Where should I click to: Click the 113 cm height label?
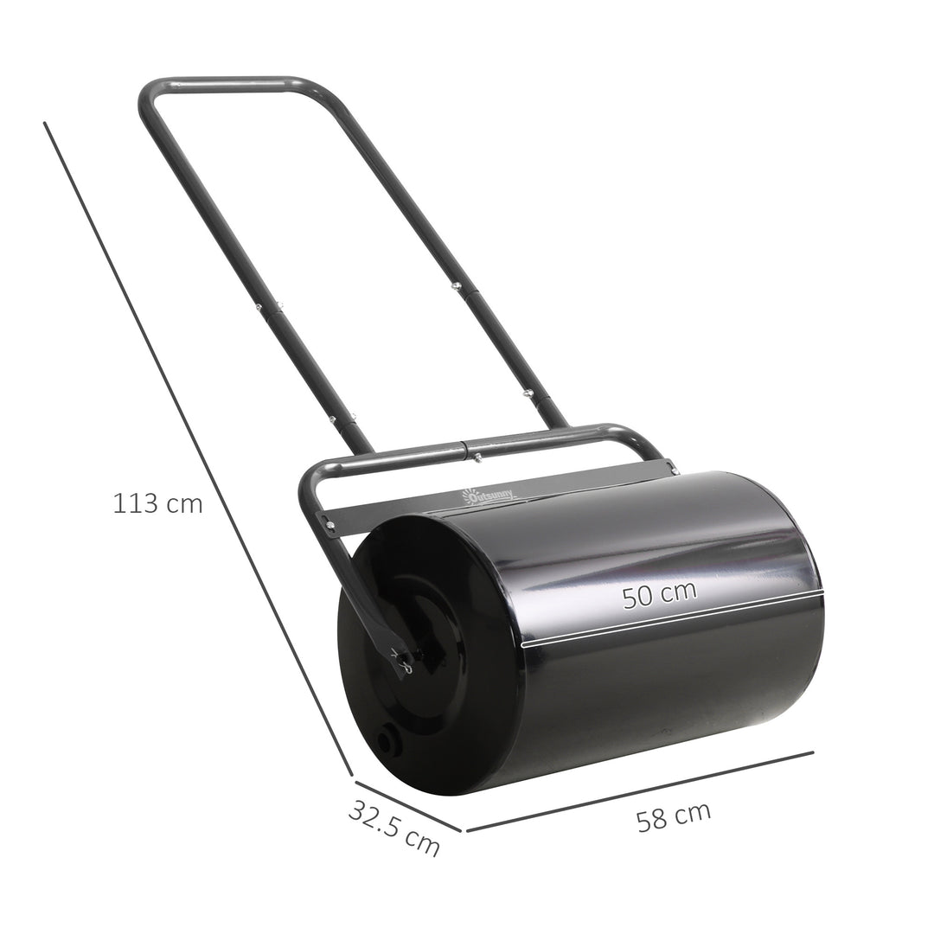[157, 503]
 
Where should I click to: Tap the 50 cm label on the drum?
[660, 595]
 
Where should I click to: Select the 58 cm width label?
[674, 816]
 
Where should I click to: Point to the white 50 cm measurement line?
[673, 620]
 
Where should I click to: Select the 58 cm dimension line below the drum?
[640, 790]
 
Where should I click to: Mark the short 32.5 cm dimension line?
[406, 803]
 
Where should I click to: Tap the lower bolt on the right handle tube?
[526, 393]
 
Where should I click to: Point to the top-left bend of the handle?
[147, 93]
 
